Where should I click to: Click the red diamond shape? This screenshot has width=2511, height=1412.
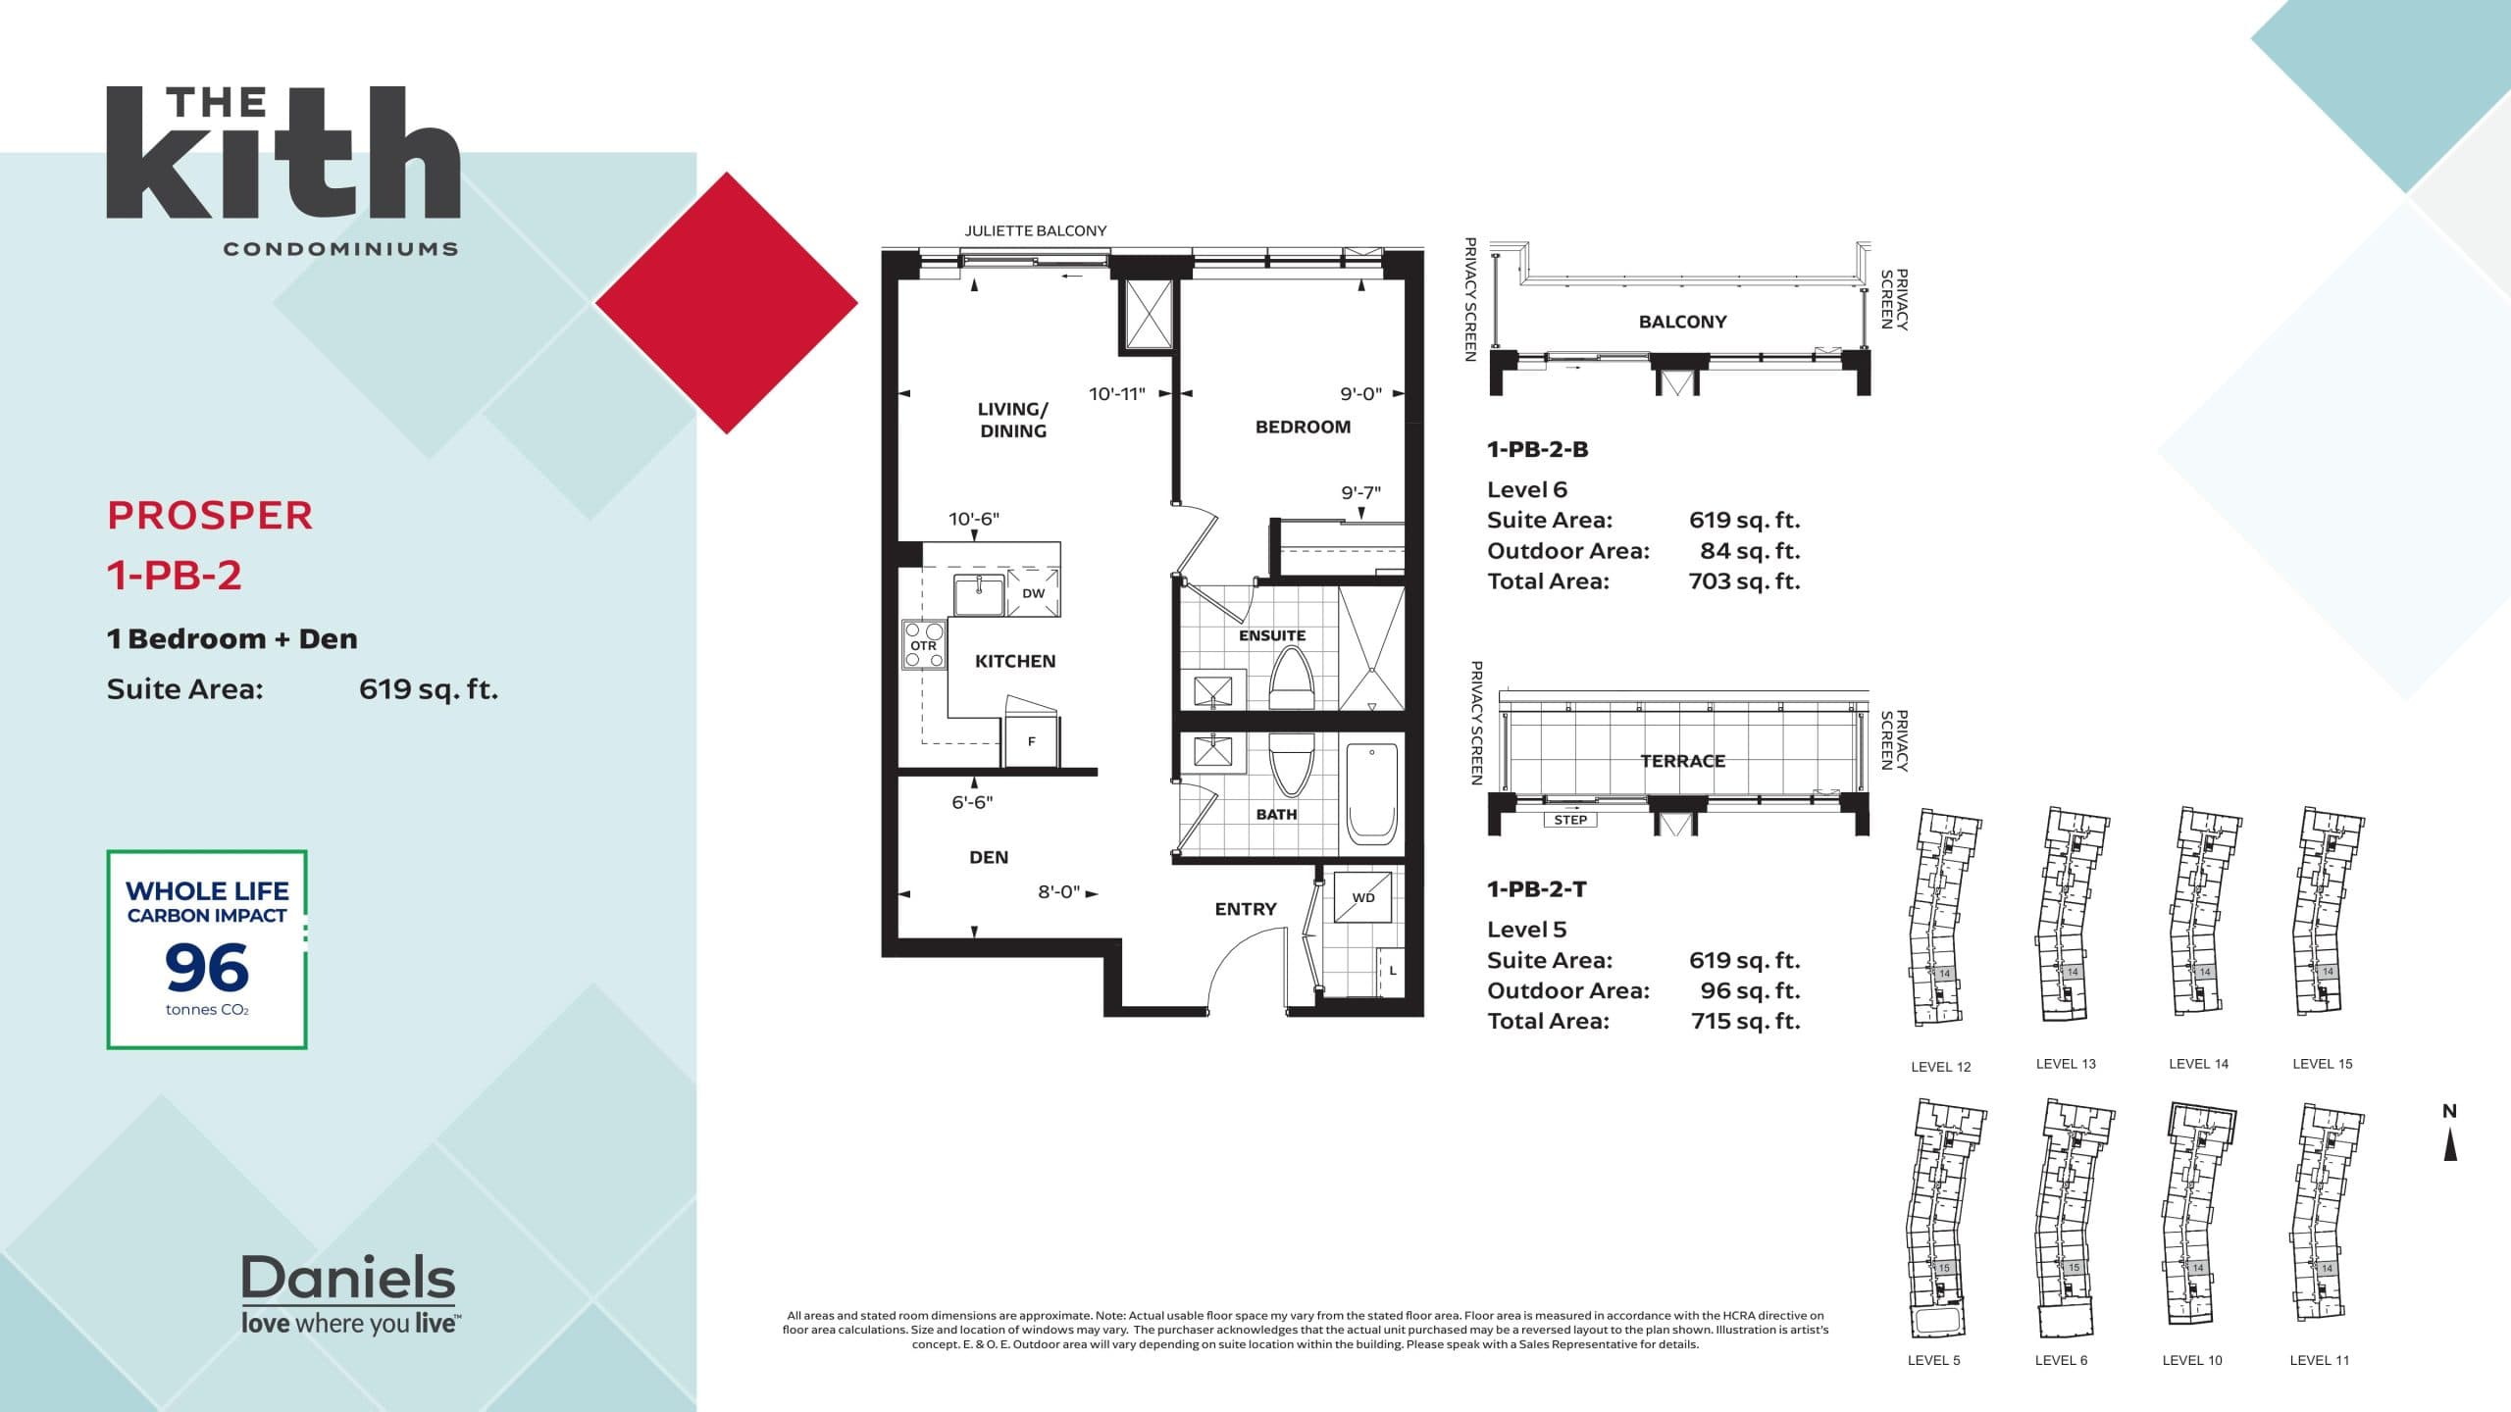coord(727,303)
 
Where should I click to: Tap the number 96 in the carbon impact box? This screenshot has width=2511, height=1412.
coord(207,968)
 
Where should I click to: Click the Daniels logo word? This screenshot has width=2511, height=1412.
coord(348,1278)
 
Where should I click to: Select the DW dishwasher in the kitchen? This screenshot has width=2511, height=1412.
coord(1033,592)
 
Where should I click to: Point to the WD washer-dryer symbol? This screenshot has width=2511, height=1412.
coord(1363,896)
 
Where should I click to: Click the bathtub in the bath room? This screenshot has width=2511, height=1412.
coord(1371,794)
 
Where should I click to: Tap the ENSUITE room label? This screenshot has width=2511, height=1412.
coord(1271,635)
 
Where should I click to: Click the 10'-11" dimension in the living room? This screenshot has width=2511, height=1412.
coord(1116,394)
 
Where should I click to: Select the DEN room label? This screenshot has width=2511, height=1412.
coord(988,857)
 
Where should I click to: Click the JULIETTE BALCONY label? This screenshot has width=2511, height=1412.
coord(1035,230)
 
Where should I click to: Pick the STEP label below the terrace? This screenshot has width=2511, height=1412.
coord(1569,820)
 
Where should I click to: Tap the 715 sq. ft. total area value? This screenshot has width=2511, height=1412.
coord(1745,1021)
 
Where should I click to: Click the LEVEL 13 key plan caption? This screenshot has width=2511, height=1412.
coord(2065,1063)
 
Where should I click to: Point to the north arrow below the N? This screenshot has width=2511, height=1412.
coord(2450,1144)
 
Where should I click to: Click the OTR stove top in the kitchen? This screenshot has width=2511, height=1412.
coord(923,645)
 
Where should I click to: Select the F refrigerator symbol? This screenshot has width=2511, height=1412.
coord(1031,741)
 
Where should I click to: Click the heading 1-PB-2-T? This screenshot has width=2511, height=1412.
coord(1536,889)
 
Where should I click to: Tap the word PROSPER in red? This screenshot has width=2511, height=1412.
coord(210,516)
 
